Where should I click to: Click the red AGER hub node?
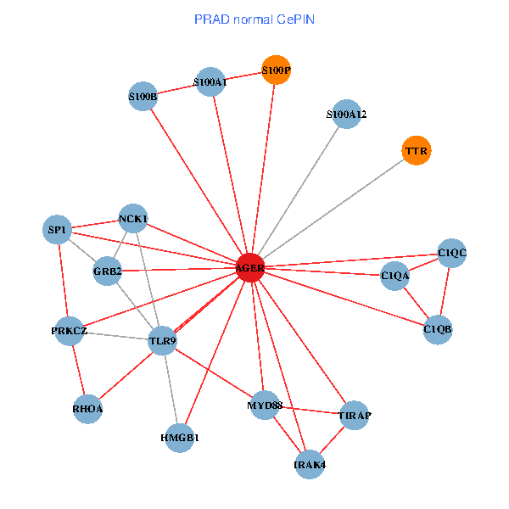[249, 268]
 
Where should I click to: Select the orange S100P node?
[276, 70]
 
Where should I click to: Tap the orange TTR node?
[416, 151]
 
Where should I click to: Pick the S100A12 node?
[346, 115]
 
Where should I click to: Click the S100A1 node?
[210, 82]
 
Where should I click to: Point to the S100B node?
[143, 97]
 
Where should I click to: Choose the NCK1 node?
[133, 219]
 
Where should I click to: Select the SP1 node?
[57, 230]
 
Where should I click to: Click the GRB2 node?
[108, 271]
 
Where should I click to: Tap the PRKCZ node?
[69, 331]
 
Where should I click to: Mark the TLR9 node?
[162, 342]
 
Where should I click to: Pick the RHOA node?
[87, 409]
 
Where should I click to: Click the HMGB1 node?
[179, 438]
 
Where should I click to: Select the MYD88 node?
[265, 405]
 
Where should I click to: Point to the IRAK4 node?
[310, 464]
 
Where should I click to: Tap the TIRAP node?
[354, 416]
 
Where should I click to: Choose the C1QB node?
[438, 329]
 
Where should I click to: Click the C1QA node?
[394, 276]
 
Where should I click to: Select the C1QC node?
[452, 253]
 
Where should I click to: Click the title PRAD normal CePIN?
[255, 18]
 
